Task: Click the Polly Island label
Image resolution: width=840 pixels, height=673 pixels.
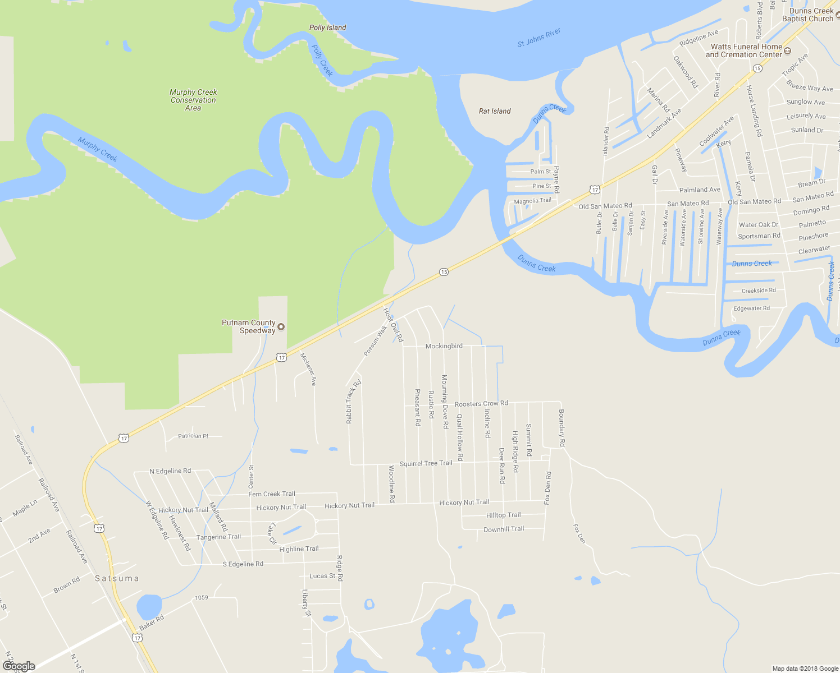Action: (x=327, y=27)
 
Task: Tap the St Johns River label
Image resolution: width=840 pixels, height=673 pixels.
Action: (x=539, y=38)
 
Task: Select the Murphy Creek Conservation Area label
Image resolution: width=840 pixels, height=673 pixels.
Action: (x=193, y=100)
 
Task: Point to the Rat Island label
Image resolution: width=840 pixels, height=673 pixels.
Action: (x=495, y=111)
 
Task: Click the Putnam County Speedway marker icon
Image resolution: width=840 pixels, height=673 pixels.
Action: (x=281, y=327)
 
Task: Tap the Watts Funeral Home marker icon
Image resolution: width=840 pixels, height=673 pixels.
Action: (x=787, y=51)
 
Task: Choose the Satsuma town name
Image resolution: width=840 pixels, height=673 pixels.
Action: (x=117, y=578)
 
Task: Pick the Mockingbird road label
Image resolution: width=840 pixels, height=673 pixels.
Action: (x=444, y=346)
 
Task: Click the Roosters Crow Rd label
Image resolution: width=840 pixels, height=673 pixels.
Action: (x=481, y=403)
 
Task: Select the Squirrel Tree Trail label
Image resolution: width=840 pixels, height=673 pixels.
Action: (x=426, y=463)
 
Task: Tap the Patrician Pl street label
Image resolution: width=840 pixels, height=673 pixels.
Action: (x=193, y=436)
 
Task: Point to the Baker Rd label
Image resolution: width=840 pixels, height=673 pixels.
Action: (x=152, y=622)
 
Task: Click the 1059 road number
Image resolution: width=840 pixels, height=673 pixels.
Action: (x=201, y=597)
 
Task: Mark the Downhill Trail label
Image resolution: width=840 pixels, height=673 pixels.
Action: (x=504, y=529)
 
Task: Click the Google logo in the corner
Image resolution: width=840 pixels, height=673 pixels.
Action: (x=19, y=666)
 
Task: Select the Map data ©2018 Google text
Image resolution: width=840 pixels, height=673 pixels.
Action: (x=805, y=669)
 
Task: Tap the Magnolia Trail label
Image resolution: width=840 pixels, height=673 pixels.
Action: (x=532, y=201)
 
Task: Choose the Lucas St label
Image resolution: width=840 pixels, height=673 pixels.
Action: (x=322, y=576)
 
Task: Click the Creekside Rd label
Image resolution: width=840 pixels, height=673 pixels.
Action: (x=759, y=291)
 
